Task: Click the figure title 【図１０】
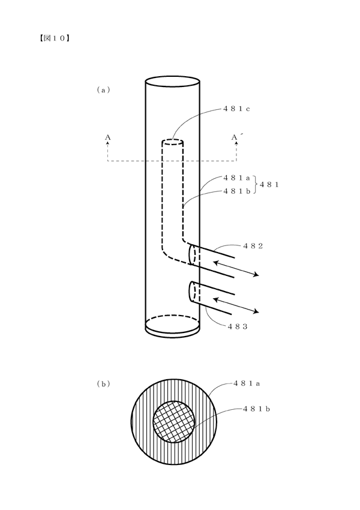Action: point(53,38)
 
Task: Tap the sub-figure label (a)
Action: point(103,90)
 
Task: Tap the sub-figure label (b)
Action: point(103,384)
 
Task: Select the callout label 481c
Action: point(236,109)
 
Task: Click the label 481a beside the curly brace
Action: point(236,178)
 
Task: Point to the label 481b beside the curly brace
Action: point(236,191)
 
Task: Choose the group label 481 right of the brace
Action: point(269,184)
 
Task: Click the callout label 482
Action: point(253,246)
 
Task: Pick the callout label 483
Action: point(238,326)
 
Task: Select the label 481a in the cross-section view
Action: point(247,383)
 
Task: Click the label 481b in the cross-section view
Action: point(257,409)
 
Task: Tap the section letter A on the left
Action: point(107,137)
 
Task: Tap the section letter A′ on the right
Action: point(235,137)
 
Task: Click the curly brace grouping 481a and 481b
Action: point(255,184)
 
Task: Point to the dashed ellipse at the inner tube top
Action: point(172,142)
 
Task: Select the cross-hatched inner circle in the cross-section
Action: point(174,422)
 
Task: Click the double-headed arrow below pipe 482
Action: point(236,268)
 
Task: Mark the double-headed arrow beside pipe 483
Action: point(236,305)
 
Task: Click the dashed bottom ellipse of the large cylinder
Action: point(172,315)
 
